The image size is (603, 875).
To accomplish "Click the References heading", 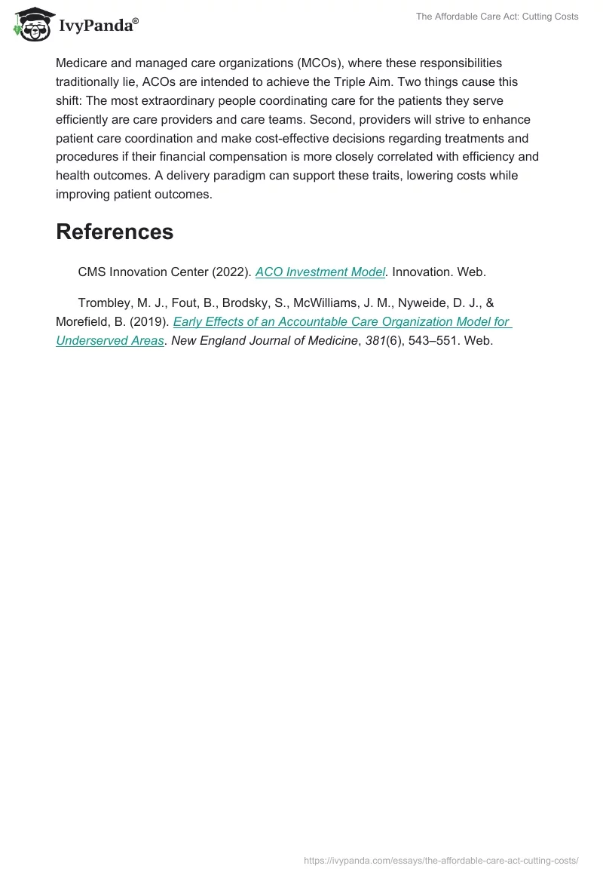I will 115,232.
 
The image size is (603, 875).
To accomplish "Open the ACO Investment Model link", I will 320,272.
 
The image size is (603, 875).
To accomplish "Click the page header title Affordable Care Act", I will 497,17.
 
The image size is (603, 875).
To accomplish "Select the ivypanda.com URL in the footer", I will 441,860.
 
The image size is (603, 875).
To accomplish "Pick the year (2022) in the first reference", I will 230,272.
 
